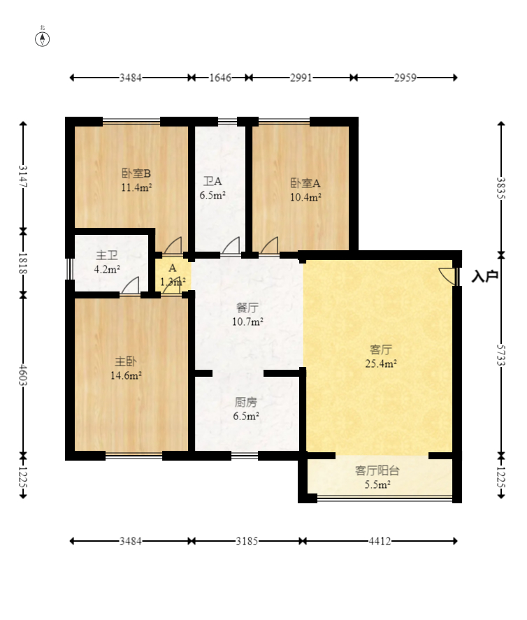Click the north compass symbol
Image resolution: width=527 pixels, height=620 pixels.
[43, 38]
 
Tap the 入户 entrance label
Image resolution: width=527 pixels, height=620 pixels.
[484, 276]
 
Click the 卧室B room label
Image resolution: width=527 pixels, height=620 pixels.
[136, 173]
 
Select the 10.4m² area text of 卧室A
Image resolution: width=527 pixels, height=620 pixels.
[305, 197]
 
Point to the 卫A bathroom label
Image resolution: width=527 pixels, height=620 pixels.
[212, 182]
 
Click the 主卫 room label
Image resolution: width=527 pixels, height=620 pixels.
[107, 255]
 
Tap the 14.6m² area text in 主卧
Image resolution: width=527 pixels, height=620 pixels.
[126, 375]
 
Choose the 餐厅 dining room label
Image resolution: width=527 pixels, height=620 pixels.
[247, 308]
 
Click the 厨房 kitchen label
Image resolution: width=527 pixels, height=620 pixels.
[245, 402]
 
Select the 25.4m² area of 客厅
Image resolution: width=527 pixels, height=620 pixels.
[381, 363]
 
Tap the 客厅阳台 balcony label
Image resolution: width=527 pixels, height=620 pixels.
[377, 470]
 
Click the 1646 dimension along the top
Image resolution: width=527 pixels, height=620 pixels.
[220, 78]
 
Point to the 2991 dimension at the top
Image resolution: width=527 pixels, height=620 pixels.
[301, 78]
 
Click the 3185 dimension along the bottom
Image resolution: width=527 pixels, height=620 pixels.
[247, 541]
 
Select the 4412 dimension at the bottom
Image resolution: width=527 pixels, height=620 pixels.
[380, 541]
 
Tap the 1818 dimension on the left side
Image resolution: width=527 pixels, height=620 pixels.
[23, 264]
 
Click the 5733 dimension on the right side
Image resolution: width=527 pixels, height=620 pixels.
[501, 356]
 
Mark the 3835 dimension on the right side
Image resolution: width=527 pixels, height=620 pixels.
[501, 188]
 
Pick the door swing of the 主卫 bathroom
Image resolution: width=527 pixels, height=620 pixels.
[130, 285]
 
